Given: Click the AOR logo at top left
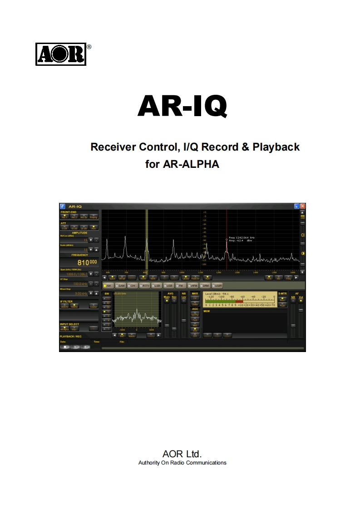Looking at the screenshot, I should [61, 54].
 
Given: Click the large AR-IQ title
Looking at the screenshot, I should [182, 106].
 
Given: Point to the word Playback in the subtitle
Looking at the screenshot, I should [276, 147].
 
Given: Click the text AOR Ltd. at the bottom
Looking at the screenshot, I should [182, 454].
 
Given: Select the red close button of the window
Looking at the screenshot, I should [303, 206].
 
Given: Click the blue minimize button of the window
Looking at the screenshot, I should [296, 206].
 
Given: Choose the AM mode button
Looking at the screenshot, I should [108, 286].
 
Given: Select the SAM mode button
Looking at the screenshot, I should [120, 286].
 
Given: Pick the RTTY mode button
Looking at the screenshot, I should [145, 286].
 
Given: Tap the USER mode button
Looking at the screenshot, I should [217, 286].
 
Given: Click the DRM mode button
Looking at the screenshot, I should [205, 286].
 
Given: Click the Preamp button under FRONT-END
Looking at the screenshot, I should [94, 217].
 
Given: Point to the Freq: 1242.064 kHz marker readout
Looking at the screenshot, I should [242, 237].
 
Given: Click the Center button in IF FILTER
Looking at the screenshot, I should [94, 306].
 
